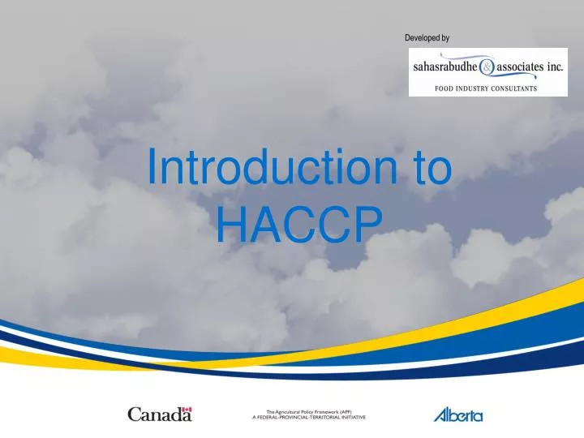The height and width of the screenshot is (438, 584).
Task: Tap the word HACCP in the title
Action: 298,223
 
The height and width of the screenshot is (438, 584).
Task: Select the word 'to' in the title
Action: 428,168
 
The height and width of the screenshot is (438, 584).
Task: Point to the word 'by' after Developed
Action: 445,38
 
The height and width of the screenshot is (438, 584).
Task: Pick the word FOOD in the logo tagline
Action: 445,88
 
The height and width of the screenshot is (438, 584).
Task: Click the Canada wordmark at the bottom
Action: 159,414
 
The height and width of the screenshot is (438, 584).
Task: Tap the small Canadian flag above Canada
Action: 187,408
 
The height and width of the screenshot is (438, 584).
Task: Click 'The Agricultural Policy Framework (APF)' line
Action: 309,411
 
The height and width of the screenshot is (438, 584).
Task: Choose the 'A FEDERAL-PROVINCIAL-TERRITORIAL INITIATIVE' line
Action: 309,417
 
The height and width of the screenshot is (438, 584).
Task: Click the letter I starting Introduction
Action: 152,168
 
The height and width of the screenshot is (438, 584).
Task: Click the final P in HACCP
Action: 366,223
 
